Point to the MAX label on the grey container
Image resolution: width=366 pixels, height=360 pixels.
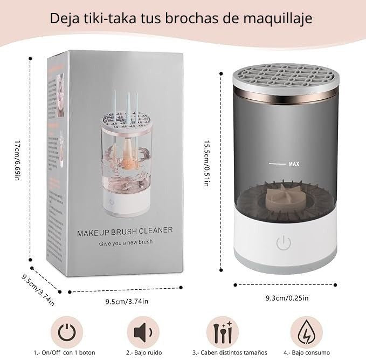click(294, 163)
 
